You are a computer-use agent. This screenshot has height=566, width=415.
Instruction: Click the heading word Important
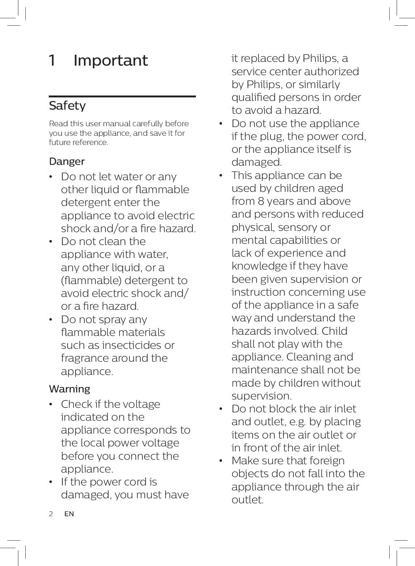pos(110,61)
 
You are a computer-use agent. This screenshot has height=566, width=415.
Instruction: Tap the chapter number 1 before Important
pos(52,61)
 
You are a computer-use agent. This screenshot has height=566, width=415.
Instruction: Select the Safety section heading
pos(67,106)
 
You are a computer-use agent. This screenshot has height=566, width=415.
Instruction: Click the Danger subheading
pos(67,162)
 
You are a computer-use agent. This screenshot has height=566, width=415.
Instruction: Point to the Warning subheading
pos(69,389)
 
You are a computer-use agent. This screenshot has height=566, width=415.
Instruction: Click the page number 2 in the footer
pos(51,514)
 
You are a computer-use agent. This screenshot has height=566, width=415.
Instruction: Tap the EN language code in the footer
pos(69,514)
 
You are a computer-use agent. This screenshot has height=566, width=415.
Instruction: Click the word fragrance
pos(83,358)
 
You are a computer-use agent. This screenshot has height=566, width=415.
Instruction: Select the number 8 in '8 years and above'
pos(261,201)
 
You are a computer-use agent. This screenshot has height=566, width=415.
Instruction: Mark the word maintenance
pos(264,370)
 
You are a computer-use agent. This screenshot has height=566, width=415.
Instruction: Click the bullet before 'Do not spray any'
pos(51,320)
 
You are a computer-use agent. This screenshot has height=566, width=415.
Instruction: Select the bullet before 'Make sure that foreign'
pos(222,461)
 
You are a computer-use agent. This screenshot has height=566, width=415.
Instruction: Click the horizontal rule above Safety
pos(122,96)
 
